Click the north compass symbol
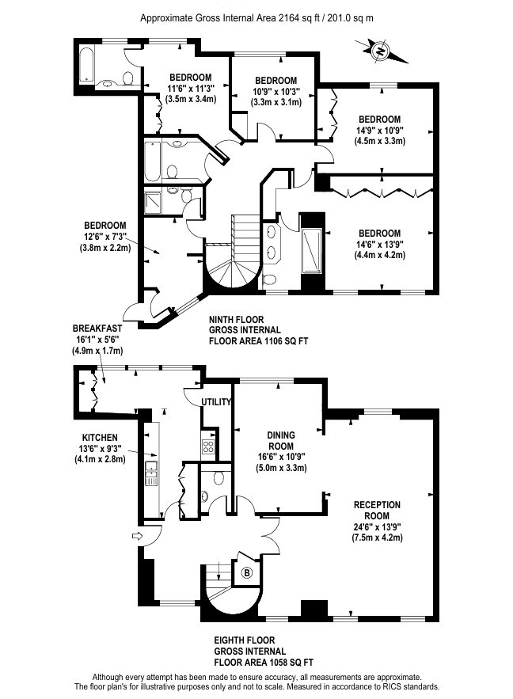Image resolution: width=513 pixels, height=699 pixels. (381, 51)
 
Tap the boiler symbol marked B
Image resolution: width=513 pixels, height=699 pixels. (246, 573)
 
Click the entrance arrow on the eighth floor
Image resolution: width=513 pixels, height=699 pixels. (137, 536)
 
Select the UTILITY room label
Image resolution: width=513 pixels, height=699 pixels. (216, 402)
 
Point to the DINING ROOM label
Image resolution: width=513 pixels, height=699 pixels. (281, 440)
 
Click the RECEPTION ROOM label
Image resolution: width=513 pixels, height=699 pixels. (377, 511)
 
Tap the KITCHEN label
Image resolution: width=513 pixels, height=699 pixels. (100, 438)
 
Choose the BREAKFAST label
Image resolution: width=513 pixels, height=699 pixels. (97, 329)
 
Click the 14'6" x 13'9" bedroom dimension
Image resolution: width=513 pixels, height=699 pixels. (379, 245)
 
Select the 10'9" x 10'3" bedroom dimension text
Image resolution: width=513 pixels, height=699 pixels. (275, 91)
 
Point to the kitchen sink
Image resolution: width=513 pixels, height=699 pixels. (151, 474)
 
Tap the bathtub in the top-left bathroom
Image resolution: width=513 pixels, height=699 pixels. (86, 64)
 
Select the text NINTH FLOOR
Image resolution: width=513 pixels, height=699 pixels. (236, 320)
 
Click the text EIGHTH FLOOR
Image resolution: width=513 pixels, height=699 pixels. (245, 640)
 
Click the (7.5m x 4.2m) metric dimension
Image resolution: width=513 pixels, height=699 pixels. (377, 538)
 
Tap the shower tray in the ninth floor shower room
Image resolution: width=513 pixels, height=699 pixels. (154, 203)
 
